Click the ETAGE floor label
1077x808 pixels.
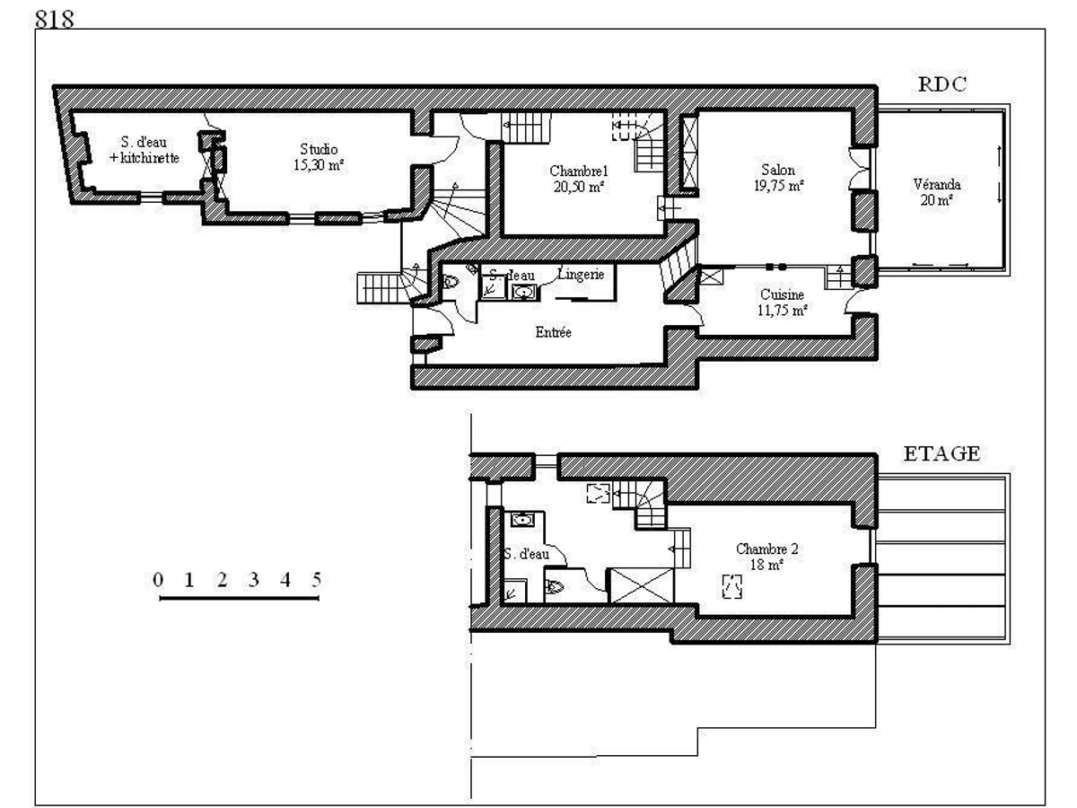(x=941, y=453)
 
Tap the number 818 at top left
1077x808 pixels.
(x=56, y=19)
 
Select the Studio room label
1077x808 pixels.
(x=319, y=150)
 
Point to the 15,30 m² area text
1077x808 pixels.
(x=320, y=165)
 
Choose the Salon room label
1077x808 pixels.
(x=778, y=170)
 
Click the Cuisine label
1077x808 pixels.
(x=782, y=294)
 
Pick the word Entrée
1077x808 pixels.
(x=553, y=332)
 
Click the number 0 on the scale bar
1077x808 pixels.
(x=158, y=579)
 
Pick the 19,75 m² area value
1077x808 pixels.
(x=777, y=185)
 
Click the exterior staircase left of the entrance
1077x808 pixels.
(x=376, y=287)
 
